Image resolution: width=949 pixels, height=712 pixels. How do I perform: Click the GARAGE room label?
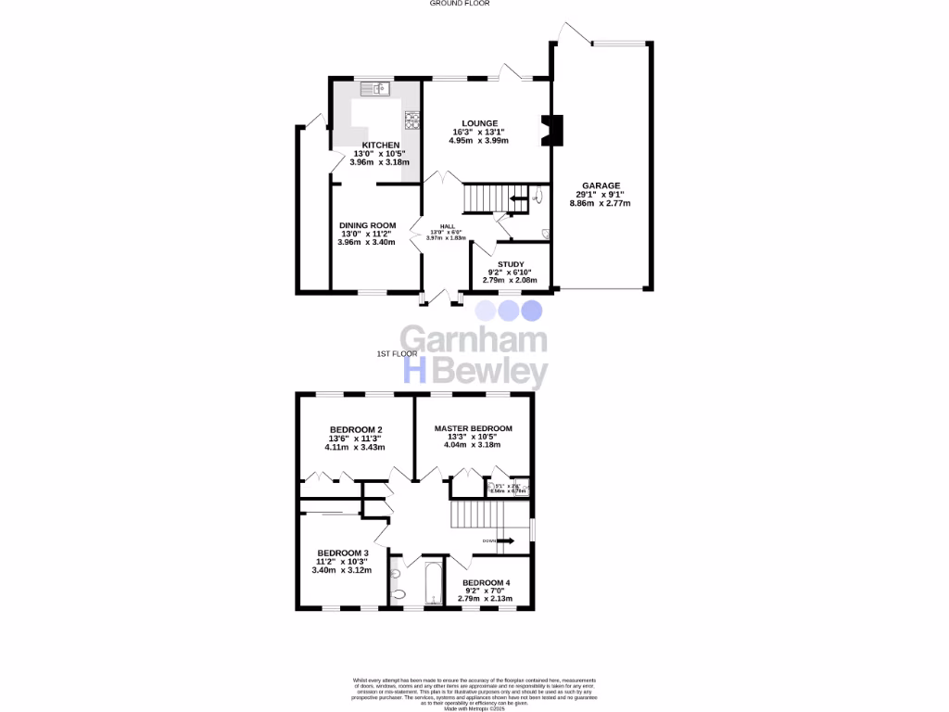tap(602, 185)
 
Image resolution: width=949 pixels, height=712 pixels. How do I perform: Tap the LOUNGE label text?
tap(481, 123)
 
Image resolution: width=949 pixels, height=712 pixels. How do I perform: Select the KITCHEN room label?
tap(380, 146)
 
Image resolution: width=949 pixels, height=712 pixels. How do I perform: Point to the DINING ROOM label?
tap(367, 225)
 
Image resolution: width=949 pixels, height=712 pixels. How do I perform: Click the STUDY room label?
tap(512, 264)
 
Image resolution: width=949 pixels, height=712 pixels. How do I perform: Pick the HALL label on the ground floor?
tap(448, 226)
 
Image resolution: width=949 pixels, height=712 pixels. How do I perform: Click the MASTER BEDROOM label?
tap(473, 428)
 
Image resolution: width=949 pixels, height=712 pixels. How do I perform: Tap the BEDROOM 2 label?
tap(355, 429)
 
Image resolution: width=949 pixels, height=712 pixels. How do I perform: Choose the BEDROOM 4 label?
tap(487, 582)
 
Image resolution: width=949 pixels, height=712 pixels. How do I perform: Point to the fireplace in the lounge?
tap(550, 131)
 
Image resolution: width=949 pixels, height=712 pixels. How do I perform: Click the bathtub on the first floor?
tap(433, 583)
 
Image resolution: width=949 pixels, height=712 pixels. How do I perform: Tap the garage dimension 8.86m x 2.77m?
tap(602, 203)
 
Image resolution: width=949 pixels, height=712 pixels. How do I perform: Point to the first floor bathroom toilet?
tap(398, 593)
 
